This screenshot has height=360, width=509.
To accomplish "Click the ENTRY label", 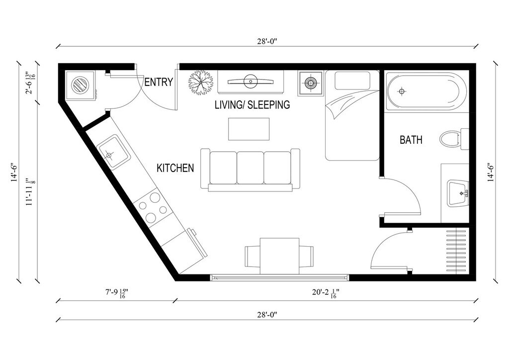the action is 159,82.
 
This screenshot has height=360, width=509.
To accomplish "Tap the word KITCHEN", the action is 175,168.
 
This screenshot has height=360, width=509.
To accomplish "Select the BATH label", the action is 411,140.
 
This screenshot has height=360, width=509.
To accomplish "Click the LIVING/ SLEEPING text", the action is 252,105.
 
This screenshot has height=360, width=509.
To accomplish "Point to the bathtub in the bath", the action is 426,91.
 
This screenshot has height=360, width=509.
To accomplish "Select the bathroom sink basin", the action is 458,193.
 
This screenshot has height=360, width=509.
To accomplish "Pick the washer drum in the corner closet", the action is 80,85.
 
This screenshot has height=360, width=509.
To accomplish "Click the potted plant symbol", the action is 200,83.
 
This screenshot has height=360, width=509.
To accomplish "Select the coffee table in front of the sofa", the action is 249,129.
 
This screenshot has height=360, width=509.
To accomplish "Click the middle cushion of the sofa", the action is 250,168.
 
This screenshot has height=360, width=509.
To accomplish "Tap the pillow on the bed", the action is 352,81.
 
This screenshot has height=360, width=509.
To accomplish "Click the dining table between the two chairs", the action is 279,256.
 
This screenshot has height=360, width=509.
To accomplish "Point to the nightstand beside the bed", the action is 311,83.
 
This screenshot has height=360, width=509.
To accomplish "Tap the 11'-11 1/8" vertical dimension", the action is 30,191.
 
